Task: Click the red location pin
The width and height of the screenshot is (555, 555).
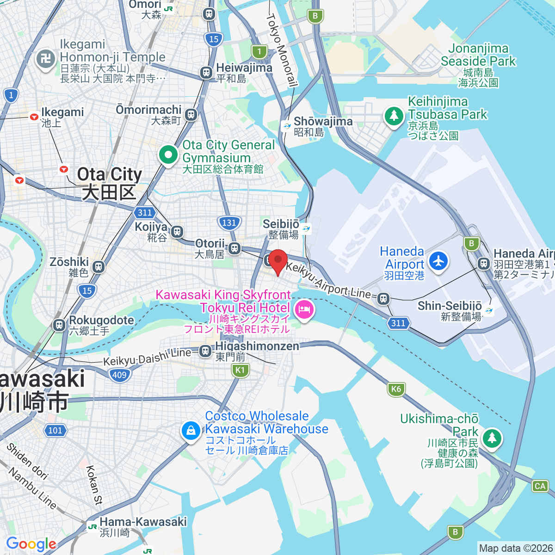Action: (277, 261)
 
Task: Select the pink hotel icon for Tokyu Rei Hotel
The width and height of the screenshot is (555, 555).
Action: (304, 308)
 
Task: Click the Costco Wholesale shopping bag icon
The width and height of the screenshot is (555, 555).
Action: (191, 431)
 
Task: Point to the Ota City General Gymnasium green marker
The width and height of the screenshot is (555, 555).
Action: (168, 154)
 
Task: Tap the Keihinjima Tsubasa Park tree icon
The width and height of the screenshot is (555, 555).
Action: (394, 115)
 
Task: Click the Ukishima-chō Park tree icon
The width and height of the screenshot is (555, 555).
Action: (492, 437)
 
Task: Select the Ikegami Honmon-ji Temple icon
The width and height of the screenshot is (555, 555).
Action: (45, 59)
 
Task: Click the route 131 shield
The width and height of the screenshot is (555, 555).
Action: (229, 222)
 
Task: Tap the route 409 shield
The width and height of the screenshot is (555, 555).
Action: (119, 375)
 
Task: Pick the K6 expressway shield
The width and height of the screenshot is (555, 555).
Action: (396, 388)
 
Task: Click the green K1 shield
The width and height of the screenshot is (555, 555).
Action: (240, 370)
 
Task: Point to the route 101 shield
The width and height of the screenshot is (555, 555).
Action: (55, 430)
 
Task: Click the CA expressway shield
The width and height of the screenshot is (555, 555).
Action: (540, 486)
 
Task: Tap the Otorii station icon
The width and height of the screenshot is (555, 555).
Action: (235, 248)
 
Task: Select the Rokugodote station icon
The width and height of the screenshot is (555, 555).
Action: (59, 325)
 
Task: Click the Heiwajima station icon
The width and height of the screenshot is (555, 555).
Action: (206, 73)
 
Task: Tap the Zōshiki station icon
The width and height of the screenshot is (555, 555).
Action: (98, 267)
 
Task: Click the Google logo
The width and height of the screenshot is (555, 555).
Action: (31, 544)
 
